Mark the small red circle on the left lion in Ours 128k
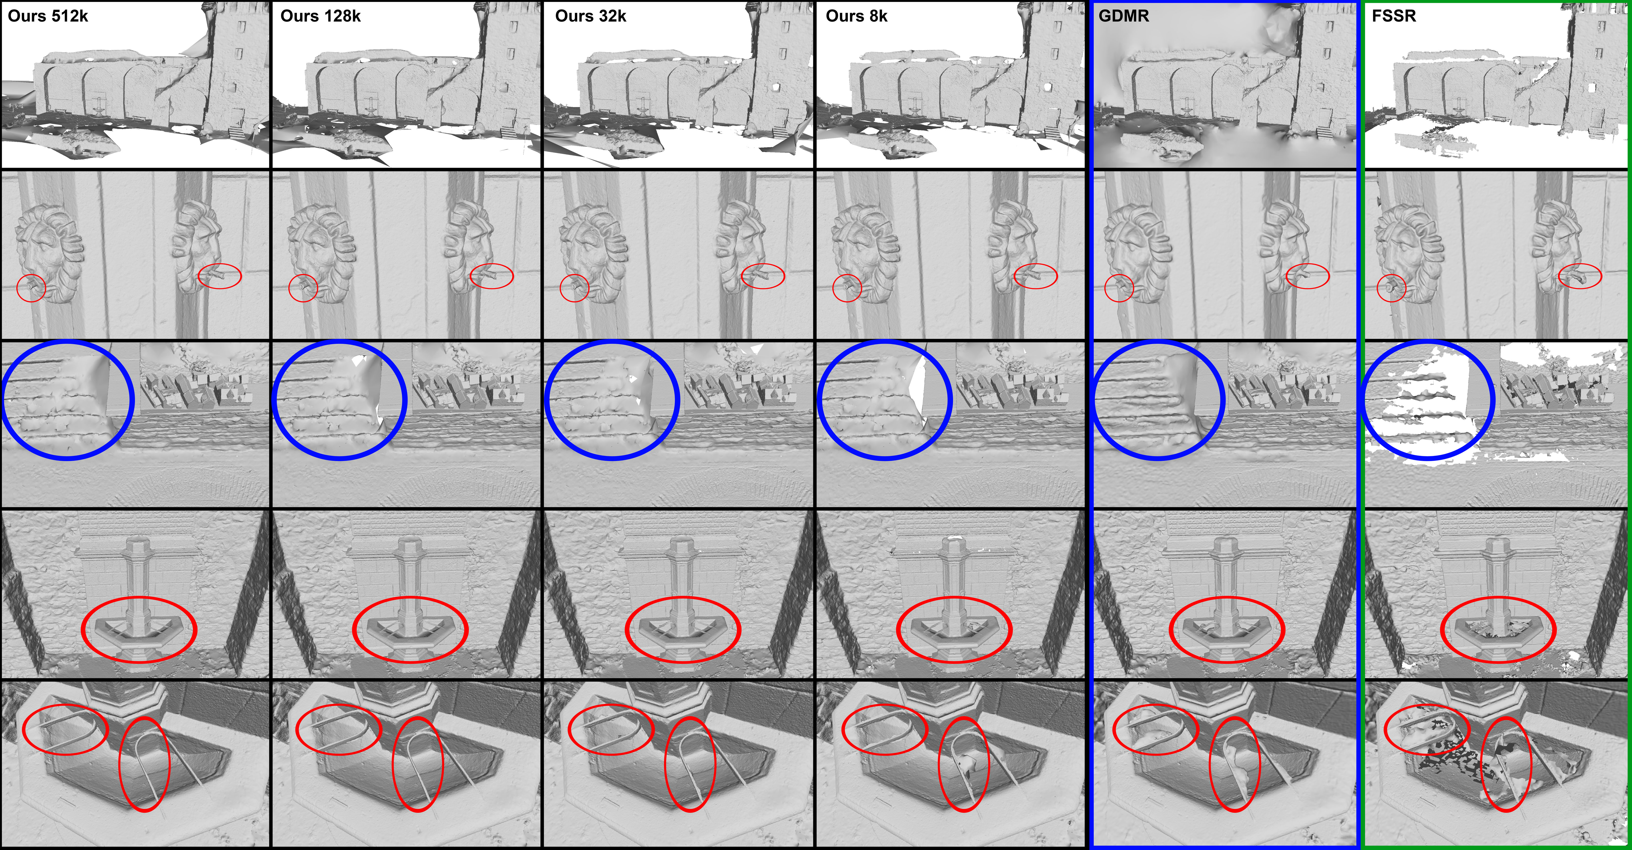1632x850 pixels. click(289, 288)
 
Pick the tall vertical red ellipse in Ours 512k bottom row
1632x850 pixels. click(120, 765)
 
